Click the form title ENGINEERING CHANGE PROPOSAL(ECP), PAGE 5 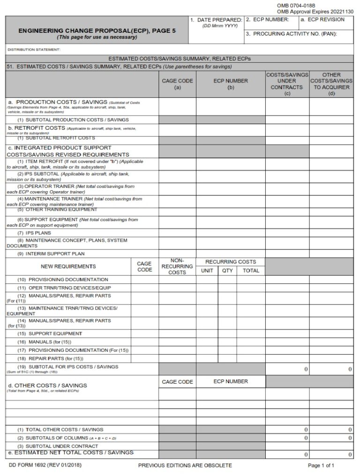(x=97, y=30)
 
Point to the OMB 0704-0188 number (x=296, y=5)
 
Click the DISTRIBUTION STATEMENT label (x=34, y=50)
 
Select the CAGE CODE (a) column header (x=177, y=84)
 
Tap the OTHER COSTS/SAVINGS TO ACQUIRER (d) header (x=331, y=84)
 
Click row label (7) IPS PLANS (x=34, y=233)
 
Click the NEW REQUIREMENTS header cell (x=68, y=266)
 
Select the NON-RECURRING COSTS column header (x=177, y=266)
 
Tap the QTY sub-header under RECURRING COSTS (x=227, y=270)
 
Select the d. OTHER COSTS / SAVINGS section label (x=47, y=386)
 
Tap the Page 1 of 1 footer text (x=321, y=465)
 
